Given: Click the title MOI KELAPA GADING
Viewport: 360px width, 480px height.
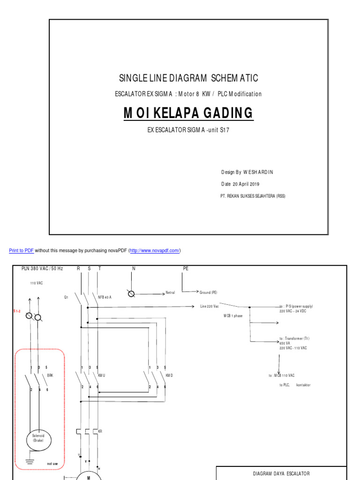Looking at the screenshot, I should pyautogui.click(x=188, y=113).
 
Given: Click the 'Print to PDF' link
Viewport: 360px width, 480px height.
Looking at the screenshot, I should pyautogui.click(x=21, y=251).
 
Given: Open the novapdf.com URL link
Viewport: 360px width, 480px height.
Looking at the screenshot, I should pyautogui.click(x=155, y=251).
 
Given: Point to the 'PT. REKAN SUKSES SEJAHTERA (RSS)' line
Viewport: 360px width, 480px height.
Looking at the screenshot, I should pyautogui.click(x=252, y=196).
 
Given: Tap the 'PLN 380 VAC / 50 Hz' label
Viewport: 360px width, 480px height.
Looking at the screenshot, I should pyautogui.click(x=42, y=269).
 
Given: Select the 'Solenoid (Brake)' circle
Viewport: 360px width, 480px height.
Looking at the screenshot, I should pyautogui.click(x=38, y=438).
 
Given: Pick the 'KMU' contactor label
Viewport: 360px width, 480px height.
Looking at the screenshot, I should pyautogui.click(x=102, y=375).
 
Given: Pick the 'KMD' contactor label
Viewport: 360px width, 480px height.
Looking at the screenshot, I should pyautogui.click(x=169, y=375).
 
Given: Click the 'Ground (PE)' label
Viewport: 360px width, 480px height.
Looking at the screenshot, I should pyautogui.click(x=208, y=292).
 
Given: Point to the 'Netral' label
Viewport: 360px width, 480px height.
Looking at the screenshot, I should pyautogui.click(x=170, y=292).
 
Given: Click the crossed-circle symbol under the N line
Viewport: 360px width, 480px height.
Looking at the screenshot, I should pyautogui.click(x=132, y=294).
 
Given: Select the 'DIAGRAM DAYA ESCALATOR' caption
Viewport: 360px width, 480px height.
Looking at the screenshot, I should pyautogui.click(x=281, y=473).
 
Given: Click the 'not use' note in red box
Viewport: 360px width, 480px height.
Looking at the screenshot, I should pyautogui.click(x=52, y=464).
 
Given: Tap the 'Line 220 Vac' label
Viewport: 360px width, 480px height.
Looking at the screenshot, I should pyautogui.click(x=210, y=306).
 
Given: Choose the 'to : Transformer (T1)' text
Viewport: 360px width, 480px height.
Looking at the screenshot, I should pyautogui.click(x=294, y=338).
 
